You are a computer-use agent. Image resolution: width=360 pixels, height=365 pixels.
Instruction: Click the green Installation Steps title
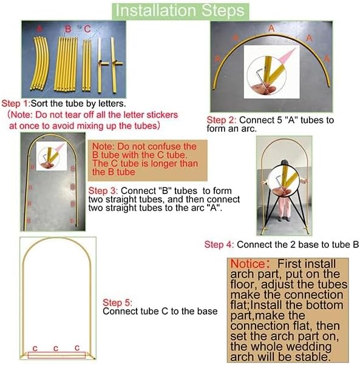click(180, 10)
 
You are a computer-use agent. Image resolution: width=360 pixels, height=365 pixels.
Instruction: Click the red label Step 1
click(15, 103)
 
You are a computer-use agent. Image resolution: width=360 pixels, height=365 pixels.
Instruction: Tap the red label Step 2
click(221, 120)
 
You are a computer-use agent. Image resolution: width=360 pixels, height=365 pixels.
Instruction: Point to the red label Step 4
click(219, 245)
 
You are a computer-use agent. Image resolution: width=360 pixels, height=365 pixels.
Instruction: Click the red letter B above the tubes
click(68, 28)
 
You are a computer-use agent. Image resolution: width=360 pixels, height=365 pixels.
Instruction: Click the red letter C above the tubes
click(87, 28)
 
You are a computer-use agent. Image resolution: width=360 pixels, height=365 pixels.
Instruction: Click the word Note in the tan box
click(103, 147)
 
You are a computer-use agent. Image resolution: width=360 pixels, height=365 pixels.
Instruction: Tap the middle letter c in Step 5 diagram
click(55, 348)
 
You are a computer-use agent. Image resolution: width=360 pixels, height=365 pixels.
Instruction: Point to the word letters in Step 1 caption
click(110, 103)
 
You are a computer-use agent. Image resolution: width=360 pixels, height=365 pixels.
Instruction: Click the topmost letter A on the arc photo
click(271, 28)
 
